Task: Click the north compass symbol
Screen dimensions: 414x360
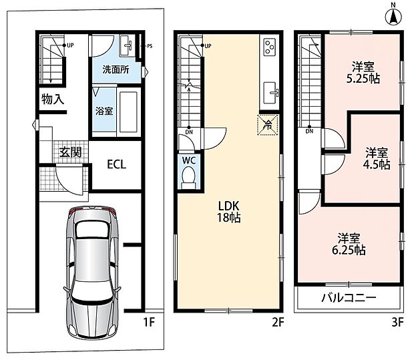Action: tap(393, 17)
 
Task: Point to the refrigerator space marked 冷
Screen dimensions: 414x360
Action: tap(268, 125)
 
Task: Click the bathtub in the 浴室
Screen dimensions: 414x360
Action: tap(128, 112)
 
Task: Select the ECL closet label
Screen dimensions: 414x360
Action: tap(116, 164)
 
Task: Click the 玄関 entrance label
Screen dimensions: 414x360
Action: tap(70, 152)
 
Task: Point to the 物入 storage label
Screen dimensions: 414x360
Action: tap(53, 99)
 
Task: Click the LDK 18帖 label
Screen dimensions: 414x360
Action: tap(228, 212)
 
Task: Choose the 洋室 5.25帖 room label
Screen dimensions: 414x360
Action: tap(363, 72)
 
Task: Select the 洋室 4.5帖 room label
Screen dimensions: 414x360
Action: tap(377, 158)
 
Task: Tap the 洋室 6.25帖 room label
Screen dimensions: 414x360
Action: tap(349, 244)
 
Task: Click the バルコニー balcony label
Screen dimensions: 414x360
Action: tap(349, 298)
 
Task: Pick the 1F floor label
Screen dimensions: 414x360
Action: tap(149, 322)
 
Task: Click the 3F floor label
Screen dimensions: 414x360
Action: tap(397, 322)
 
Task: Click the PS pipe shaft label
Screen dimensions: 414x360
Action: tap(150, 46)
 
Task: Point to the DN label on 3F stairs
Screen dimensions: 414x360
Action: tap(309, 132)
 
